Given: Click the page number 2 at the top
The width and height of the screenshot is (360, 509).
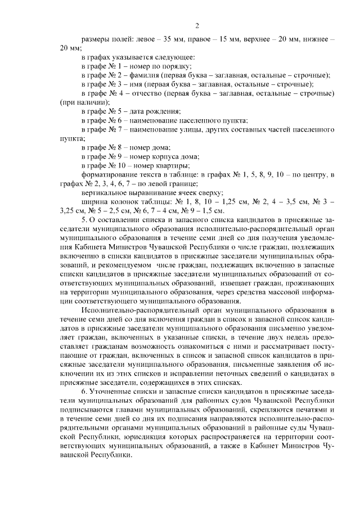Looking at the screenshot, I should click(x=197, y=25).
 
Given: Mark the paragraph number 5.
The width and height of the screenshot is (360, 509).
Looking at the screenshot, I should click(x=84, y=219).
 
